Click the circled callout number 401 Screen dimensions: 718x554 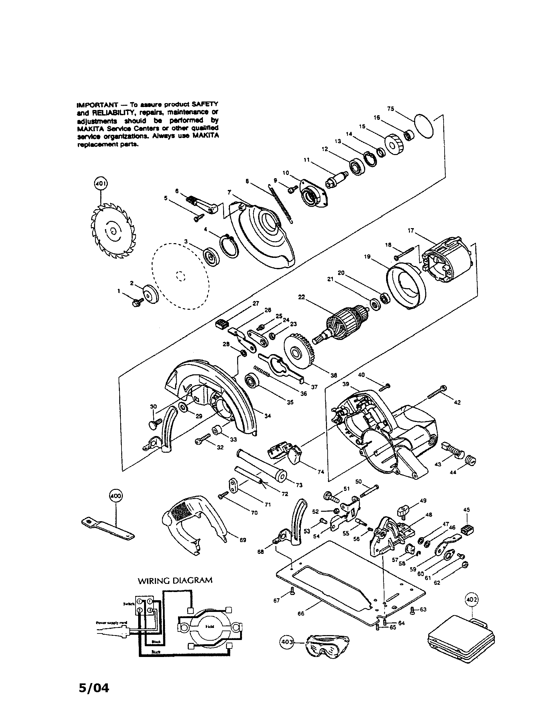click(x=101, y=183)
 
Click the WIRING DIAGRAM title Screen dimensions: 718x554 click(x=175, y=580)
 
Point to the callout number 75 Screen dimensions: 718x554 click(x=390, y=109)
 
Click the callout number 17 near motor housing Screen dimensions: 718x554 click(x=411, y=230)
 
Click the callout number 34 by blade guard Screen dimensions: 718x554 click(x=268, y=416)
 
